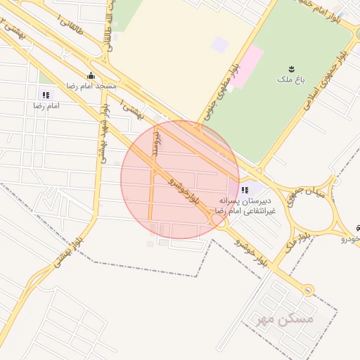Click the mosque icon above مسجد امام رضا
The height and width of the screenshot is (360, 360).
click(x=89, y=76)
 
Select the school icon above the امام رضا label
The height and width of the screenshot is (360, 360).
click(x=46, y=95)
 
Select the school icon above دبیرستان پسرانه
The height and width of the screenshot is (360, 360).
click(x=244, y=190)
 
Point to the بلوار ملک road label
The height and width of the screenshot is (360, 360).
click(x=293, y=243)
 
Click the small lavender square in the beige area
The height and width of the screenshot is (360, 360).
click(x=220, y=44)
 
